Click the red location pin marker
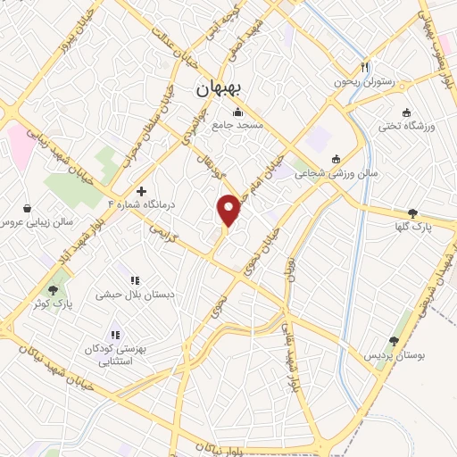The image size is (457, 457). click(230, 209)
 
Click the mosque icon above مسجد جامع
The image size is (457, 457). click(237, 112)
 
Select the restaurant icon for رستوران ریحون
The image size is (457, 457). click(364, 68)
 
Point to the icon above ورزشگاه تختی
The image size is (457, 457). click(407, 112)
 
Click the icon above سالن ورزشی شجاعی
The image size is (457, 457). click(336, 160)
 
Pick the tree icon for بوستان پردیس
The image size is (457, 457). click(394, 341)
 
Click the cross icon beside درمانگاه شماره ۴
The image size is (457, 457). click(141, 191)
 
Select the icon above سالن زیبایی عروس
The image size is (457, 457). click(28, 207)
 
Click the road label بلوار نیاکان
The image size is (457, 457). click(206, 446)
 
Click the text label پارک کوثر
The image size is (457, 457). click(54, 303)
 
